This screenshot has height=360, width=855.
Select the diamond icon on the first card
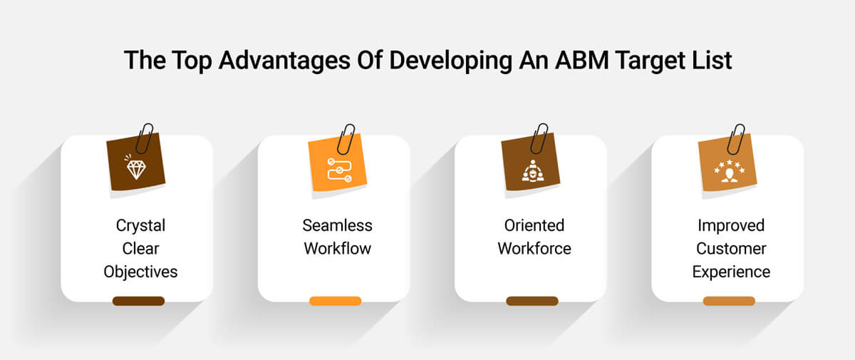(x=135, y=168)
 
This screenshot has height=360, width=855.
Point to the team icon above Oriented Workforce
(x=531, y=170)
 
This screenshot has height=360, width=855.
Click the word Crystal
(x=140, y=225)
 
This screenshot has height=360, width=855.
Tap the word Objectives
(x=140, y=272)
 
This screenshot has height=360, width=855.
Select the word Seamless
(x=337, y=225)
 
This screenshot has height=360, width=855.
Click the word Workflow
(x=337, y=249)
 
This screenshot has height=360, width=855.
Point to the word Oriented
(x=534, y=225)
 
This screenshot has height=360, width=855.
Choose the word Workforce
(x=534, y=249)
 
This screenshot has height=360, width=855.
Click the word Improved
(x=731, y=225)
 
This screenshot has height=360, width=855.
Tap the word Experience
(x=731, y=272)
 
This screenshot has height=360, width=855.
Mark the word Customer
(x=731, y=249)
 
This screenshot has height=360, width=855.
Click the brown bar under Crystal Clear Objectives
(x=138, y=301)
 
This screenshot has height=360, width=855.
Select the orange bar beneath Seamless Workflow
(x=335, y=301)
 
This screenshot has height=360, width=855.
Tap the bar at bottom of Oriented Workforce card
(x=532, y=301)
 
